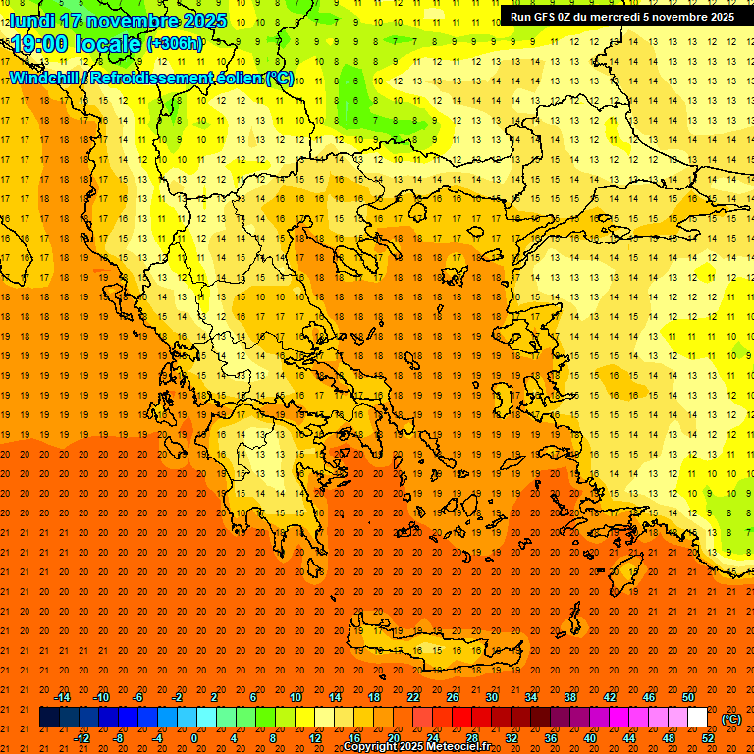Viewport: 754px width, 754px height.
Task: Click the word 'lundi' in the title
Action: click(32, 21)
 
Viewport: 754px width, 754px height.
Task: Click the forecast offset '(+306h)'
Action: click(175, 44)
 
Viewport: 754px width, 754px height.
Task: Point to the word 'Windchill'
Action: click(44, 78)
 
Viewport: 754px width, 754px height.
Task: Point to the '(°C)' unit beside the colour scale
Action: click(731, 719)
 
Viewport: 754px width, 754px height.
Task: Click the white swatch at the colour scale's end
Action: click(697, 718)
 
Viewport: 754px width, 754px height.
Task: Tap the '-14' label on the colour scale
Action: click(63, 697)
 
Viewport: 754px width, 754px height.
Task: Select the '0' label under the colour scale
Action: click(194, 738)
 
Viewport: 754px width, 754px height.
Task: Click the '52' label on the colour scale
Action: click(708, 738)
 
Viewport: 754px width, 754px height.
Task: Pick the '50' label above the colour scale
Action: click(687, 697)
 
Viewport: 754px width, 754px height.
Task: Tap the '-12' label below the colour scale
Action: click(81, 738)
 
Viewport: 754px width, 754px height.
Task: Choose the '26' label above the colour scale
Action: click(452, 697)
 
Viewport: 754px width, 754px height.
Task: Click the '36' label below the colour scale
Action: click(551, 738)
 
